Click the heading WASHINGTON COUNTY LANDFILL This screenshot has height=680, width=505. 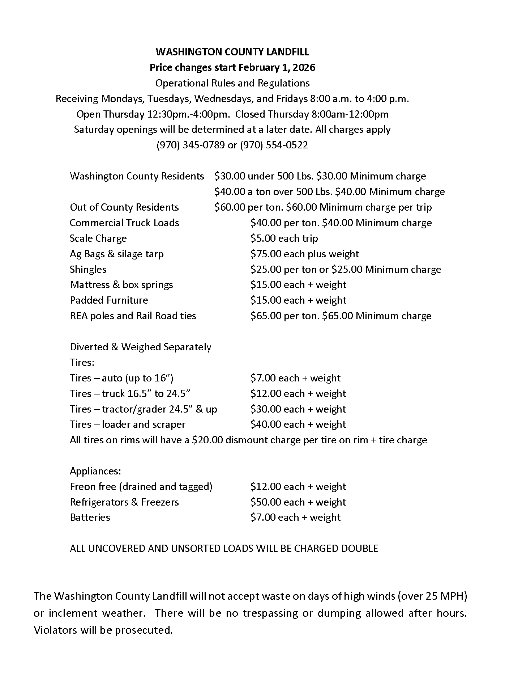tap(232, 52)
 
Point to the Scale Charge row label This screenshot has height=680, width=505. tap(98, 238)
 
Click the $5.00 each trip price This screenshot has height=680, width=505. tap(284, 238)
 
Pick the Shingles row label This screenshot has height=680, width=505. tap(88, 270)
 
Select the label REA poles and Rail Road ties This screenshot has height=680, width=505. tap(133, 316)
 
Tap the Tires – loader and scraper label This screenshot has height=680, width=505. tap(128, 425)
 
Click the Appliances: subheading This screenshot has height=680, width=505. tap(95, 471)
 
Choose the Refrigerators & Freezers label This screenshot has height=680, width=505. tap(124, 502)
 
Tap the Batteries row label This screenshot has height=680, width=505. tap(90, 518)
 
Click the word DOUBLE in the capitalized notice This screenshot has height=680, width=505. tap(360, 549)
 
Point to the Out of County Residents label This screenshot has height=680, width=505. tap(124, 207)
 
